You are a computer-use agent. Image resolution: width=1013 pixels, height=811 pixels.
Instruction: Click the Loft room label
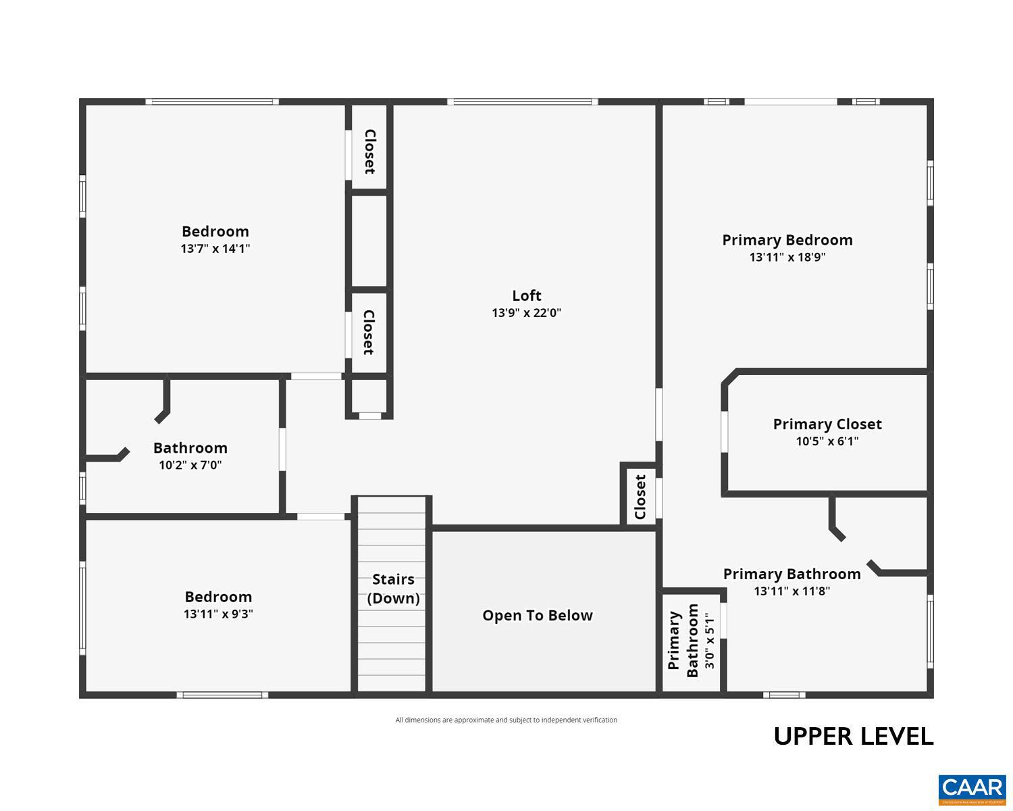point(526,295)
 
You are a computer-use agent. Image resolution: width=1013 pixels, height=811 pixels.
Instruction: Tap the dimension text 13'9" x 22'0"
point(526,313)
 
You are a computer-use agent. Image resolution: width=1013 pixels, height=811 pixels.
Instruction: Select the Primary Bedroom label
point(787,240)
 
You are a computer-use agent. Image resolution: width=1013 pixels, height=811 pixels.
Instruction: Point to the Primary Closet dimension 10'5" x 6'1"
point(827,441)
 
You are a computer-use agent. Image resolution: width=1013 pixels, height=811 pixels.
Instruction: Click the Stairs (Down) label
point(393,589)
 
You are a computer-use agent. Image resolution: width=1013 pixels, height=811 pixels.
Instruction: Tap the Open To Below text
point(537,615)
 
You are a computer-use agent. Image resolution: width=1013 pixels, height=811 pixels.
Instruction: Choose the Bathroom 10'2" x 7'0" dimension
point(190,465)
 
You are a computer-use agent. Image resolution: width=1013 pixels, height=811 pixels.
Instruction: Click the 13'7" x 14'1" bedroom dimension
point(215,248)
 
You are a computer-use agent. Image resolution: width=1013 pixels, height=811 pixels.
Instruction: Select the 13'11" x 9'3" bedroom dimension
point(218,614)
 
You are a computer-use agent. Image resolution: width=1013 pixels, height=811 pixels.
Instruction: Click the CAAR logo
point(972,788)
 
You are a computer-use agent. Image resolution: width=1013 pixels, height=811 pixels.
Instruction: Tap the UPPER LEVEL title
point(853,736)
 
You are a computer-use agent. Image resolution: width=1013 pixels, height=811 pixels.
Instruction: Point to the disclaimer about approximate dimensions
point(506,720)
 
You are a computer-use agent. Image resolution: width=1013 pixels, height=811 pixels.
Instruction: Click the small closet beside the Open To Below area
point(640,496)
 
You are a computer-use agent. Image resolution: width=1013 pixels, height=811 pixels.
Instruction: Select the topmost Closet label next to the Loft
point(369,151)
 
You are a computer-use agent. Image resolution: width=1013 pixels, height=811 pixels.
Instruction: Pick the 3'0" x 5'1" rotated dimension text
point(708,641)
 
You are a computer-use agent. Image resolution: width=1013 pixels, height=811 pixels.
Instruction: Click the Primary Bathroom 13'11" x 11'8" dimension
point(791,591)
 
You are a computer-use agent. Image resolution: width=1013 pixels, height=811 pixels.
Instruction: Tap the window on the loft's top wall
point(522,102)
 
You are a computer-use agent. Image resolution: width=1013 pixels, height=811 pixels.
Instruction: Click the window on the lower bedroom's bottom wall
point(222,695)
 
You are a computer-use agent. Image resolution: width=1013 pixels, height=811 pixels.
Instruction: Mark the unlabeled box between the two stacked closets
point(369,241)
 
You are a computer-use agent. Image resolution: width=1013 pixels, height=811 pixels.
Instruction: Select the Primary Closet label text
point(827,424)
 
